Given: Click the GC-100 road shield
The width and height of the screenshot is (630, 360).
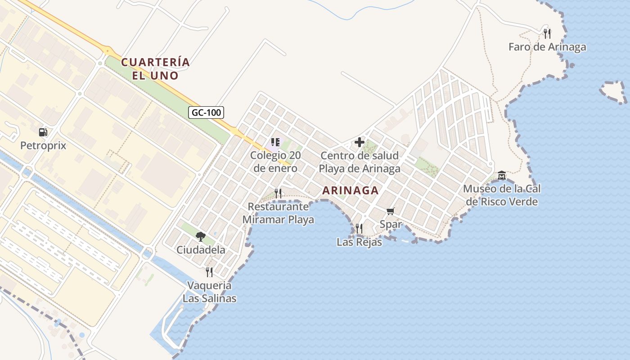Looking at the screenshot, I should pyautogui.click(x=206, y=112).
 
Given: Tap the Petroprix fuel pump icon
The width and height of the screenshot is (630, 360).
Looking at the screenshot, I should pyautogui.click(x=43, y=132).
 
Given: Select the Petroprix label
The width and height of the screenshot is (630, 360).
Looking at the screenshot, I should pyautogui.click(x=43, y=146).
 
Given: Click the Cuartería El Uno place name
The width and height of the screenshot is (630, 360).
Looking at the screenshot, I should pyautogui.click(x=156, y=68).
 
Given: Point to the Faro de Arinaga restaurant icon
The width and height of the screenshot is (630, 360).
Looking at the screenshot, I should pyautogui.click(x=547, y=33).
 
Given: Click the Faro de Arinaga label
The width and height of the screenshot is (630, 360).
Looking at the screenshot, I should pyautogui.click(x=547, y=47).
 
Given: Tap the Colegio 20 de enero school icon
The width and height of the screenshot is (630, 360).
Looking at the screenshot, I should pyautogui.click(x=275, y=143).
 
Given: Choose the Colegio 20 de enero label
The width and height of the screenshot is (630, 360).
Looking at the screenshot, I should pyautogui.click(x=275, y=162).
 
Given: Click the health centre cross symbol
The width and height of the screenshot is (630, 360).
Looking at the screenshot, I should pyautogui.click(x=360, y=143).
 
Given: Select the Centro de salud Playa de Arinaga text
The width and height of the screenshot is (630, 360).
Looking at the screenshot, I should pyautogui.click(x=360, y=162).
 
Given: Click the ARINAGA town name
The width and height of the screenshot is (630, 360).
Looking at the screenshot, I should pyautogui.click(x=351, y=190).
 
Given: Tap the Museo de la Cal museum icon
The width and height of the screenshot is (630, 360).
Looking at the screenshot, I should pyautogui.click(x=502, y=175).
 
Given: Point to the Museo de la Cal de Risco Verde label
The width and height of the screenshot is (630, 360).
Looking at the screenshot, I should pyautogui.click(x=502, y=195).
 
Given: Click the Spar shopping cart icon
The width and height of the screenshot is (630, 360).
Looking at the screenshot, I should pyautogui.click(x=391, y=211).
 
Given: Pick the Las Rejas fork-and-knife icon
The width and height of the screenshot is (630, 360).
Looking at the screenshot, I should pyautogui.click(x=359, y=229).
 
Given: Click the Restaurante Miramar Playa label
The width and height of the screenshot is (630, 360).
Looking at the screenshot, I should pyautogui.click(x=279, y=213).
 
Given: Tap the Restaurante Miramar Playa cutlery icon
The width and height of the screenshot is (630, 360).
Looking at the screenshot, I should pyautogui.click(x=279, y=193).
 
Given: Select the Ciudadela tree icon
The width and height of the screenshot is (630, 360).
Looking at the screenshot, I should pyautogui.click(x=201, y=236).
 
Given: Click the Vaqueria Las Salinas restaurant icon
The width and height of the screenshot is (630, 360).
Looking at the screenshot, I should pyautogui.click(x=209, y=272).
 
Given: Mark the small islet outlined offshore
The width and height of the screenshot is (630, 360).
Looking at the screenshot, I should pyautogui.click(x=613, y=92).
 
